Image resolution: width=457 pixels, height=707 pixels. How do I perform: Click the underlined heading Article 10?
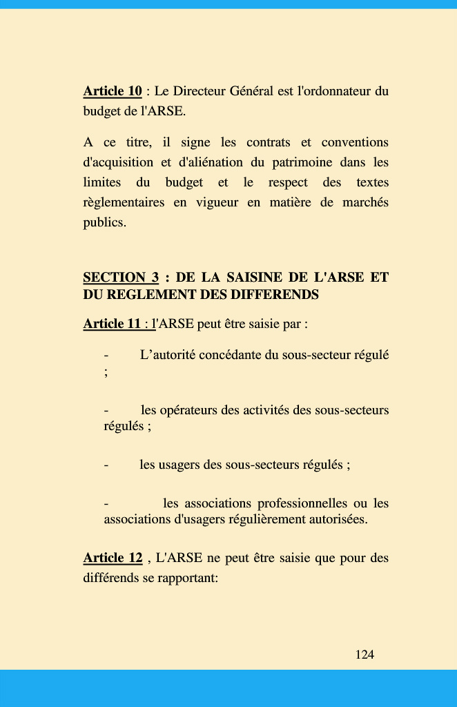pyautogui.click(x=113, y=91)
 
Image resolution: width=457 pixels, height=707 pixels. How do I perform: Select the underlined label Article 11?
pyautogui.click(x=113, y=324)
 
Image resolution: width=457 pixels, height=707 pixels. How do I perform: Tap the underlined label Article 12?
pyautogui.click(x=113, y=558)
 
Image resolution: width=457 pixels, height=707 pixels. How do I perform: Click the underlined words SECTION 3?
pyautogui.click(x=121, y=278)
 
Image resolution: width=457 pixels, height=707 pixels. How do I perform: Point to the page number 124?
pyautogui.click(x=364, y=655)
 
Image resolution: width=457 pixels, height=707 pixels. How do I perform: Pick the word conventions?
pyautogui.click(x=355, y=143)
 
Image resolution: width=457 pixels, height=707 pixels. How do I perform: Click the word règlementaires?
pyautogui.click(x=124, y=203)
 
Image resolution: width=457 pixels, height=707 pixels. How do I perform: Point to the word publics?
pyautogui.click(x=105, y=223)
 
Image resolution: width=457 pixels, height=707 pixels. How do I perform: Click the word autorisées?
pyautogui.click(x=334, y=519)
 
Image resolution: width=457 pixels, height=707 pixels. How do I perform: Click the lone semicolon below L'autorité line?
pyautogui.click(x=106, y=372)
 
